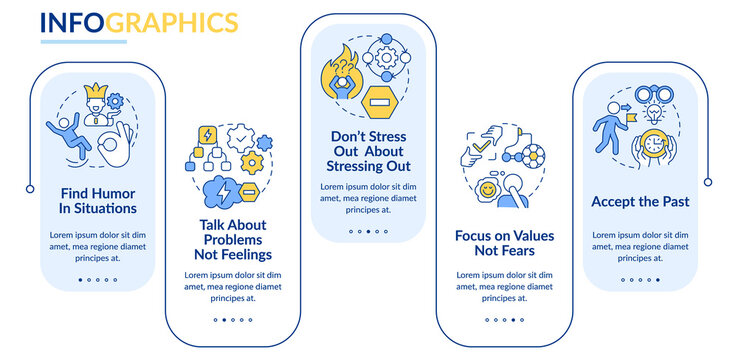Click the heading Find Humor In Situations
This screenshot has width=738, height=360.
[97, 201]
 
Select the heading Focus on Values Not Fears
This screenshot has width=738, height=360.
[504, 243]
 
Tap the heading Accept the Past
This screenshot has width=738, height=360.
[640, 201]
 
